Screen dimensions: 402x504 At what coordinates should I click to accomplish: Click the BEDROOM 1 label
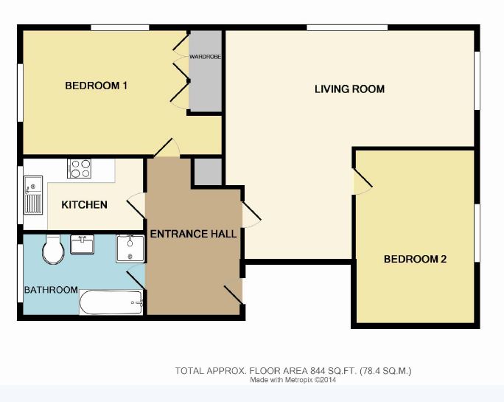pyautogui.click(x=97, y=86)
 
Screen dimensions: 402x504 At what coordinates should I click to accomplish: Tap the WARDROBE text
pyautogui.click(x=204, y=56)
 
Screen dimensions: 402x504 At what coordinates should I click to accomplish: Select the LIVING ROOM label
pyautogui.click(x=349, y=89)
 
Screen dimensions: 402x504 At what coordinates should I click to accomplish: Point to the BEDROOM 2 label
pyautogui.click(x=416, y=259)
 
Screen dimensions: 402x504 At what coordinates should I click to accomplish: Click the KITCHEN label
pyautogui.click(x=84, y=204)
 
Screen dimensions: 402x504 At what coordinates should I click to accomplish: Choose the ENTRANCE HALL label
pyautogui.click(x=193, y=234)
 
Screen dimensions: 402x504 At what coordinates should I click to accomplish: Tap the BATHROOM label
pyautogui.click(x=51, y=290)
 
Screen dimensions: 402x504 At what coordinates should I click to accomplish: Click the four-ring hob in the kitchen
pyautogui.click(x=79, y=169)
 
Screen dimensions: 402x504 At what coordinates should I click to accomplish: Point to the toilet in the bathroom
pyautogui.click(x=53, y=251)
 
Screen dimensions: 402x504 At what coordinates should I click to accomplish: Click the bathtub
pyautogui.click(x=111, y=302)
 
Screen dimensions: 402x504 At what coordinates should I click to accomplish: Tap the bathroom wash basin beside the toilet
pyautogui.click(x=82, y=243)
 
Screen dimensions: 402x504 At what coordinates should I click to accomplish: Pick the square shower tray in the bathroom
pyautogui.click(x=130, y=249)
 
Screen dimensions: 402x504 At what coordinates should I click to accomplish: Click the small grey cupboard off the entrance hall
pyautogui.click(x=206, y=172)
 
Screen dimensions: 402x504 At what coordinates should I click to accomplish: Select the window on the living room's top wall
pyautogui.click(x=346, y=28)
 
